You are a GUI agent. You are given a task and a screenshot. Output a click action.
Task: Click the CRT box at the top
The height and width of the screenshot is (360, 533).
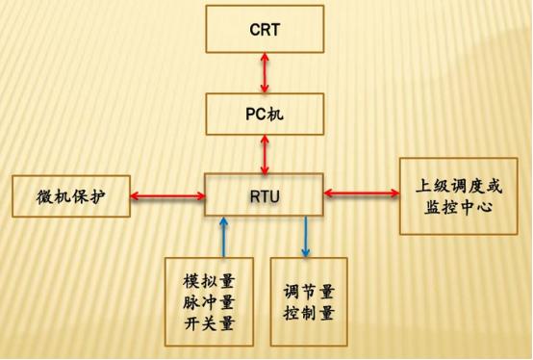pos(265,29)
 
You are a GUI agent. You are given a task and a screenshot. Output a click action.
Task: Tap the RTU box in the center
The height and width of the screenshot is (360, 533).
pos(265,194)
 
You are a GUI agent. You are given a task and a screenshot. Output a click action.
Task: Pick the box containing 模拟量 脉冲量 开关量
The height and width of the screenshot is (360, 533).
pos(209,301)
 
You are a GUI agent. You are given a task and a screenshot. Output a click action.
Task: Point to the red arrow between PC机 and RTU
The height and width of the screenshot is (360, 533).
pos(265,152)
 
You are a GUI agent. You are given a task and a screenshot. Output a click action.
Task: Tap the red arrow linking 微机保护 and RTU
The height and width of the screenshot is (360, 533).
pos(167,196)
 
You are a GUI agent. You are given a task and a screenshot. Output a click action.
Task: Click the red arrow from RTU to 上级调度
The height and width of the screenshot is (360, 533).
pos(362,194)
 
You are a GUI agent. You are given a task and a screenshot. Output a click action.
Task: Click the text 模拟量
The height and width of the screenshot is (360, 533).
pos(209,281)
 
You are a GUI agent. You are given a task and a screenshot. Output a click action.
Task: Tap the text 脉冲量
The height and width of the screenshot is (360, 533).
pos(209,302)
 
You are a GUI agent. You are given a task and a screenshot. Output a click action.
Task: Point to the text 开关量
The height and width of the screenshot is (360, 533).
pos(209,322)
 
